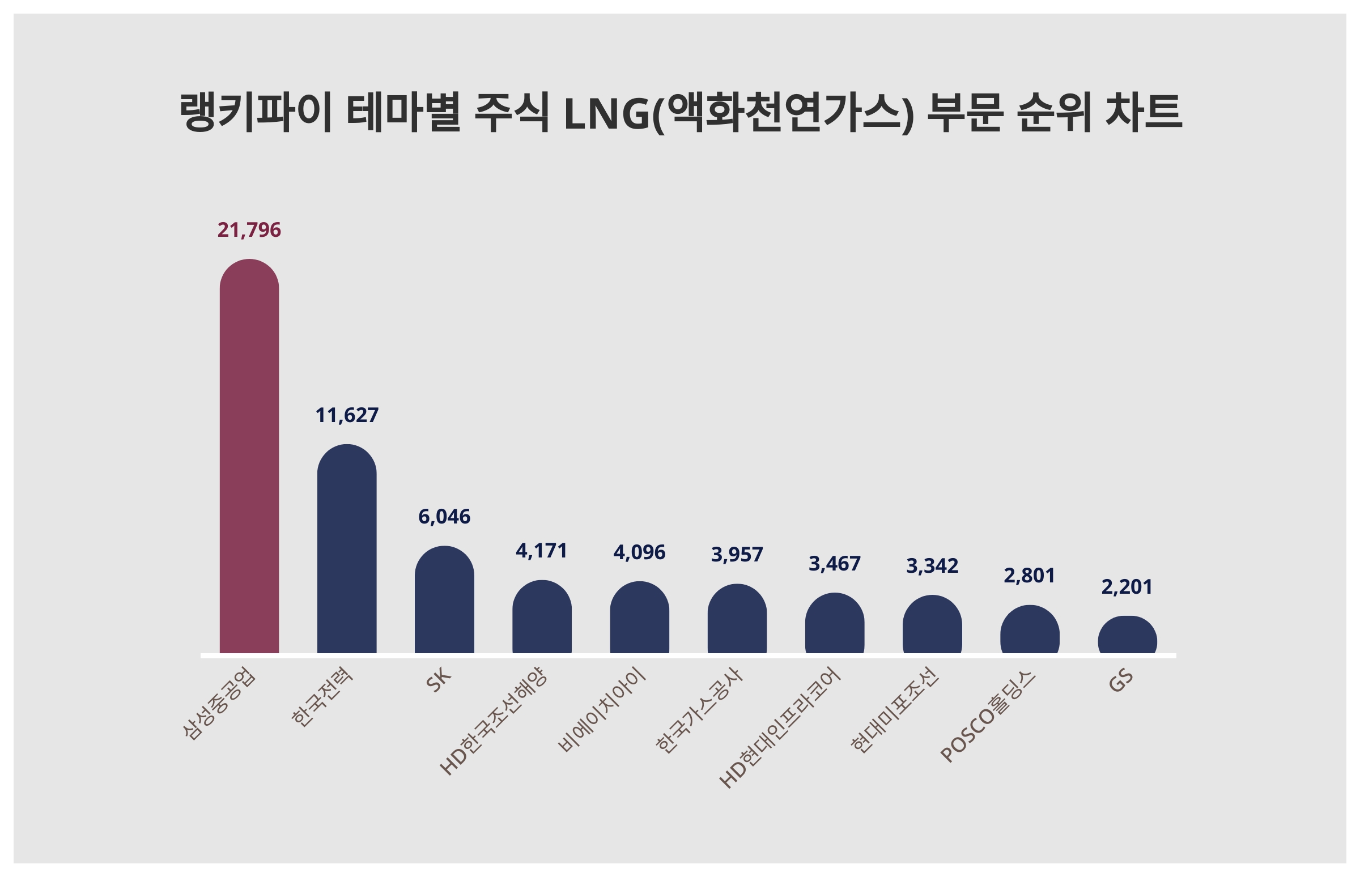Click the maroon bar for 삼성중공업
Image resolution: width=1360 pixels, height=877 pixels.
[249, 455]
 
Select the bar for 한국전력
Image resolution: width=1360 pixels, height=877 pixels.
[346, 550]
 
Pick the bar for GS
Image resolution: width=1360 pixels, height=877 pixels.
[1127, 636]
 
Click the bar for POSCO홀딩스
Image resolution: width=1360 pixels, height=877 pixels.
[1029, 630]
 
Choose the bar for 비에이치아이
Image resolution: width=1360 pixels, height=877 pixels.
[639, 618]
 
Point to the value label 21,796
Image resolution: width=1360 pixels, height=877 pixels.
[249, 230]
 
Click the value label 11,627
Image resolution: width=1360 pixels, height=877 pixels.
[346, 415]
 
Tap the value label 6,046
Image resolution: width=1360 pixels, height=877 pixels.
[444, 517]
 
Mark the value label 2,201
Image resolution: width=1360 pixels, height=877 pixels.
[1127, 587]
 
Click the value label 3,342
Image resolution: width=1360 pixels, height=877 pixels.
[932, 566]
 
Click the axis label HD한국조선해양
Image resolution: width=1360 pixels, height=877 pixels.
[493, 721]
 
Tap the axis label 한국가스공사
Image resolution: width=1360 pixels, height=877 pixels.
[699, 710]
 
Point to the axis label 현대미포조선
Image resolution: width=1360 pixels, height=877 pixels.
[894, 710]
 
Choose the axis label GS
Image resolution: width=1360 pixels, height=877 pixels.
[1120, 680]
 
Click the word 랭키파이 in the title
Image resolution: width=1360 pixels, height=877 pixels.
[255, 113]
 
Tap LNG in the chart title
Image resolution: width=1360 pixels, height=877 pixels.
[606, 114]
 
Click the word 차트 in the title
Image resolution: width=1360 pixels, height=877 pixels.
[1143, 113]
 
